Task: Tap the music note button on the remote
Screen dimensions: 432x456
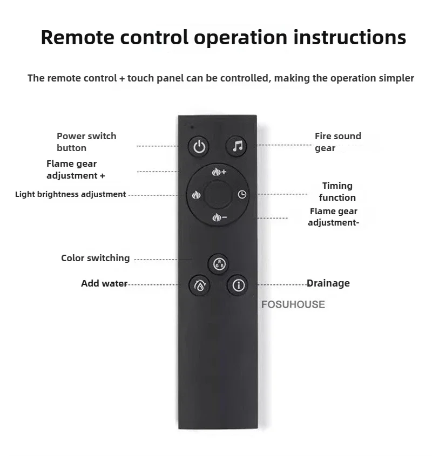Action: pyautogui.click(x=238, y=146)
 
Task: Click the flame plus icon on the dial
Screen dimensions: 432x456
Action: pyautogui.click(x=219, y=172)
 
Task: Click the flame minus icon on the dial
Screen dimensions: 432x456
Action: pyautogui.click(x=219, y=217)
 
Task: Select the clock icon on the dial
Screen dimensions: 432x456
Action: pyautogui.click(x=242, y=195)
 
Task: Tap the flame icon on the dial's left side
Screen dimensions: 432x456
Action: pyautogui.click(x=196, y=195)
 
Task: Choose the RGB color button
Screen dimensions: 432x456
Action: pyautogui.click(x=219, y=264)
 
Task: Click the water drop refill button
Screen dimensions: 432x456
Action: pyautogui.click(x=199, y=285)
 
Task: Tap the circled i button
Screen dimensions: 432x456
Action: pyautogui.click(x=238, y=285)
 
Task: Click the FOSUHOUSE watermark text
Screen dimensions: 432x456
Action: pyautogui.click(x=293, y=304)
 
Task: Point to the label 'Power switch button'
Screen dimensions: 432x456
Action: pyautogui.click(x=86, y=142)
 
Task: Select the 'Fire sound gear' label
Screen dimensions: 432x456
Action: pyautogui.click(x=337, y=142)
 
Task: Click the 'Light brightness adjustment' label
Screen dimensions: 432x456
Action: pyautogui.click(x=70, y=194)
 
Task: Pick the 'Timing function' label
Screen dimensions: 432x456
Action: pyautogui.click(x=337, y=192)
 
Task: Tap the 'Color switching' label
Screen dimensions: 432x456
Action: pyautogui.click(x=95, y=258)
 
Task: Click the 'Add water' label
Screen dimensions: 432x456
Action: pyautogui.click(x=104, y=283)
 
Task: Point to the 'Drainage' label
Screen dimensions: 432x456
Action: pyautogui.click(x=328, y=283)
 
